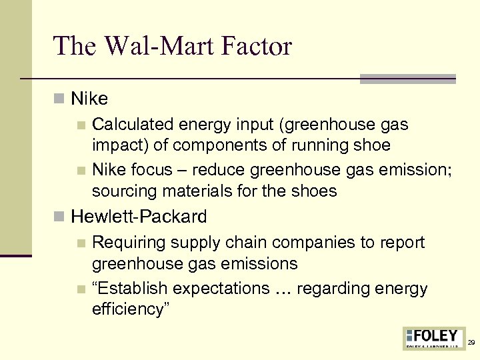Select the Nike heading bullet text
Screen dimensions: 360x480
(89, 99)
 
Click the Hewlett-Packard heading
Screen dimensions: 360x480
(139, 217)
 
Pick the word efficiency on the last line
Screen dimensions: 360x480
(130, 309)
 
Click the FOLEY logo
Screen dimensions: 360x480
(433, 338)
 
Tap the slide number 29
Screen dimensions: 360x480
(471, 343)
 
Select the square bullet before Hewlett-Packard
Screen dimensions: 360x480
(60, 217)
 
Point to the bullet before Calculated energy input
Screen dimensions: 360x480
(81, 125)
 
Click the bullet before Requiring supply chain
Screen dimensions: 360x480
(81, 243)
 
